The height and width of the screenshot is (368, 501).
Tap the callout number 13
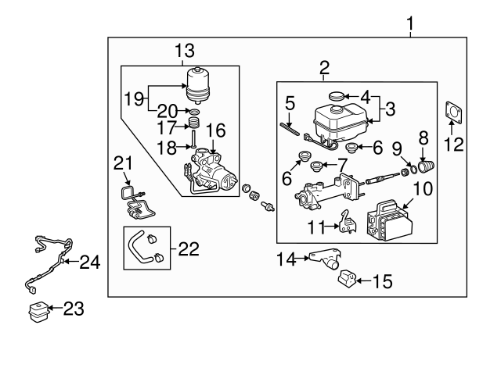pos(183,52)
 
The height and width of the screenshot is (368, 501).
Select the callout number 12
pos(454,143)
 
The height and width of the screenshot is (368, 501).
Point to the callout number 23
pos(72,309)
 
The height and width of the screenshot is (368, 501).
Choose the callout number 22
pos(189,249)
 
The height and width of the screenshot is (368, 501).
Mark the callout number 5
pos(289,102)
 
